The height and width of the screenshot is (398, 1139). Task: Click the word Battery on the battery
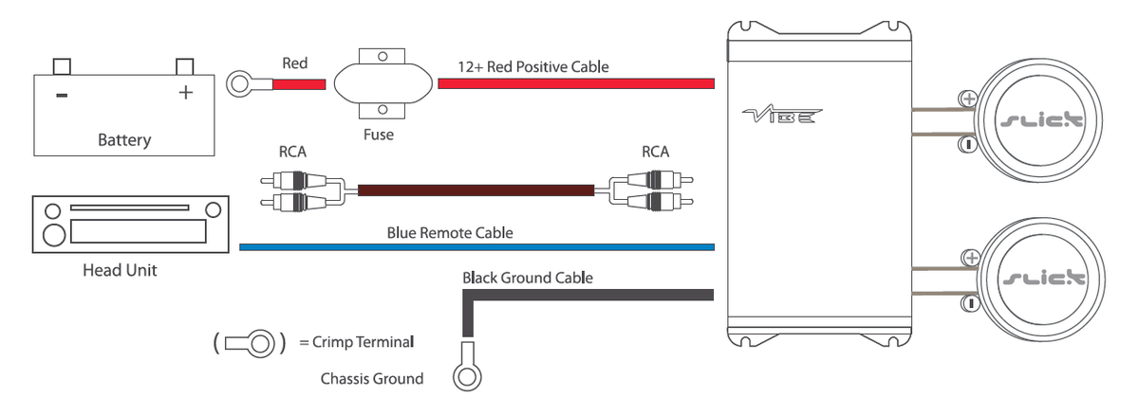[124, 140]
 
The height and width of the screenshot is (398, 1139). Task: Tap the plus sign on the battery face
[186, 93]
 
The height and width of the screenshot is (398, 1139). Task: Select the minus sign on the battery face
[62, 95]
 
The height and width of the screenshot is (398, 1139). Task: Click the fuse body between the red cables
[383, 83]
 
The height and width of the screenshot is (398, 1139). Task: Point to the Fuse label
[379, 135]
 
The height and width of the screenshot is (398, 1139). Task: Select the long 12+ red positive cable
[576, 83]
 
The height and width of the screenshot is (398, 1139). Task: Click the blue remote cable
[476, 247]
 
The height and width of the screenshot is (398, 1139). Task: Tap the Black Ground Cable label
[528, 278]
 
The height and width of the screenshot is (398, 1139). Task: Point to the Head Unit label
[120, 270]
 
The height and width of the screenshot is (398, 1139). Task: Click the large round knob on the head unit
[54, 235]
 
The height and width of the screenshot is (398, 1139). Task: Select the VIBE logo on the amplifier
[781, 115]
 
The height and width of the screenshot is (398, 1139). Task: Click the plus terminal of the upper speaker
[968, 99]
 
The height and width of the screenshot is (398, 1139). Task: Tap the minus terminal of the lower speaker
[970, 303]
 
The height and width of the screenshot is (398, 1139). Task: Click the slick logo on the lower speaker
[1043, 279]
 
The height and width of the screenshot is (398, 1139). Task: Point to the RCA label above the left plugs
[292, 152]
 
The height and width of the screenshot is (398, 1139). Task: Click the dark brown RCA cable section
[476, 190]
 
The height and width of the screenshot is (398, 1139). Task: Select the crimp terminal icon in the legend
[249, 344]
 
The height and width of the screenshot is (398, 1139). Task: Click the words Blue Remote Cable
[450, 233]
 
